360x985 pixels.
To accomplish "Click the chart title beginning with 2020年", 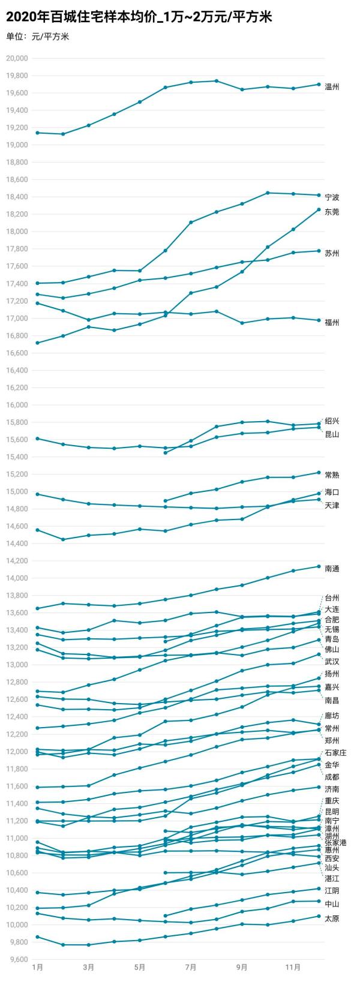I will point(139,17).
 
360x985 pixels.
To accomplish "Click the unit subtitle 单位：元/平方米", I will point(38,37).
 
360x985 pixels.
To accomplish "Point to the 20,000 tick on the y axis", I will point(17,58).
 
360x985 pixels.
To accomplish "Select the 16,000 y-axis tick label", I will point(17,405).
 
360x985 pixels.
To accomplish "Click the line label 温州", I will point(332,87).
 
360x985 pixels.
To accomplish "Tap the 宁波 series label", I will point(332,197).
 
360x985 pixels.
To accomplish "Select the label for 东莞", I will point(332,212).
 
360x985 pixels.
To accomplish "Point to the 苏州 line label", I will point(332,254).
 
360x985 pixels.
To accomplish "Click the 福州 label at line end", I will point(332,323).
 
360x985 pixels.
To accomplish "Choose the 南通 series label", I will point(332,568).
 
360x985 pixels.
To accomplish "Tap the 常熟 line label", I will point(332,475).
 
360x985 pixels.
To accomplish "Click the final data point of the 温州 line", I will point(319,85).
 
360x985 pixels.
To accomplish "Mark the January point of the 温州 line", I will point(37,133).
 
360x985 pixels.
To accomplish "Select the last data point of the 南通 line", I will point(319,566).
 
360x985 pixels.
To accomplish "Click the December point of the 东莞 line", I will point(319,209).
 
